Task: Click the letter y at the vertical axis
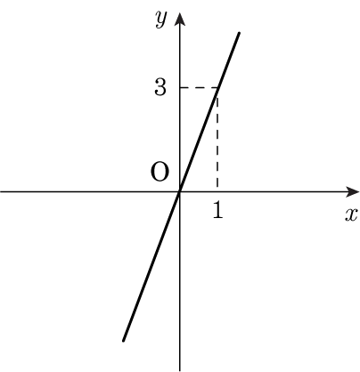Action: (x=160, y=20)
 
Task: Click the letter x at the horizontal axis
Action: (x=350, y=214)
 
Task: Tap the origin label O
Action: (x=160, y=173)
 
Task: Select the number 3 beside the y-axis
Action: (x=160, y=87)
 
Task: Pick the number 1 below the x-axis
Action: (x=217, y=211)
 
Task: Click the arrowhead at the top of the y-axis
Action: (x=179, y=20)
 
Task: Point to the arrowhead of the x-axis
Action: (x=352, y=192)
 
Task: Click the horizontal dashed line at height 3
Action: (x=199, y=87)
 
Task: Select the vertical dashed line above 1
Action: (x=217, y=140)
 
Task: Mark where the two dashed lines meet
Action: (x=218, y=87)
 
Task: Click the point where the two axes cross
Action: (x=179, y=192)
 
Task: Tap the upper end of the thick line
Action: (x=239, y=33)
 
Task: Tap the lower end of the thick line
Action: (x=123, y=341)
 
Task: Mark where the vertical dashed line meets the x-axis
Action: (x=217, y=192)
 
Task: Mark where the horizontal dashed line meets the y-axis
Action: (x=179, y=87)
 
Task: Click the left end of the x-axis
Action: (x=1, y=192)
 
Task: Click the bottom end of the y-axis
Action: (x=179, y=371)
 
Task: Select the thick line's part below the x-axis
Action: (x=151, y=266)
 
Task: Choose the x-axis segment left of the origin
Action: (x=90, y=192)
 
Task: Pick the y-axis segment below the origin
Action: (x=179, y=281)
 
